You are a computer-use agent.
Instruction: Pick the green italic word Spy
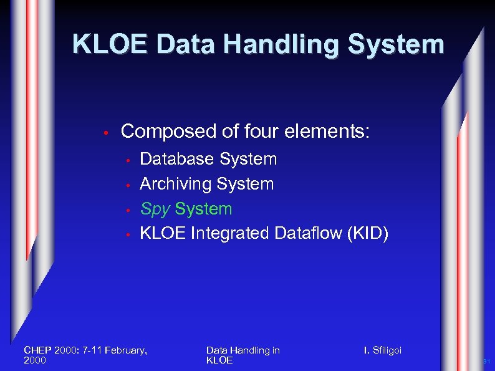tap(155, 210)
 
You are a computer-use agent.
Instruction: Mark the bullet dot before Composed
tap(107, 133)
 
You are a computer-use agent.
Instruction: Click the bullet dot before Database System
tap(127, 160)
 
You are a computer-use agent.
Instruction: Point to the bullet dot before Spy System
tap(127, 210)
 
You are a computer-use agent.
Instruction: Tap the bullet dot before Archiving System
tap(127, 185)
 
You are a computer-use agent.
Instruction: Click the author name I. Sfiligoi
tap(383, 350)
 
